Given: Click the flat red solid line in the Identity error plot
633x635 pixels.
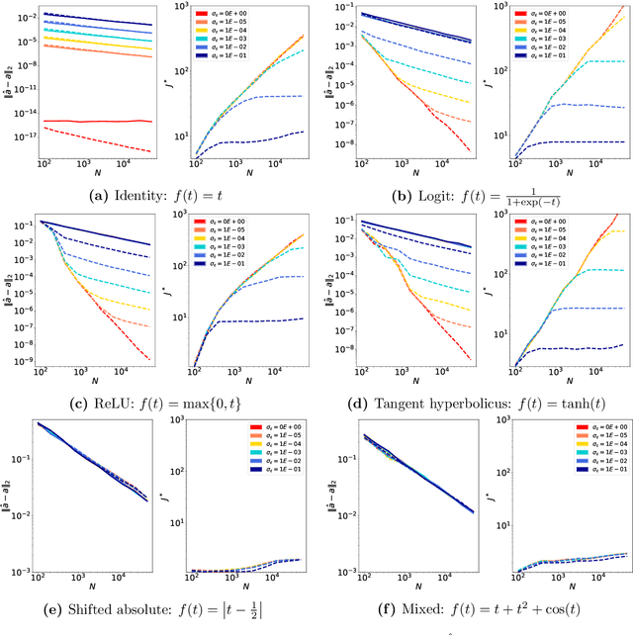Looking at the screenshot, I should (x=99, y=122).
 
